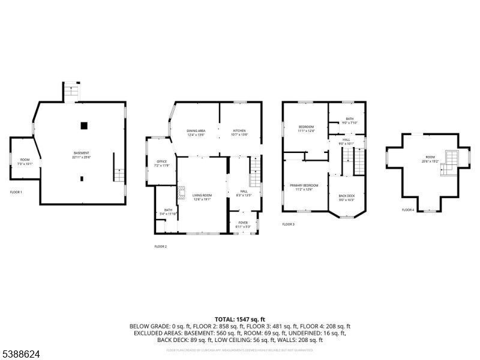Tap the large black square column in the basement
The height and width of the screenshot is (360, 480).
click(x=84, y=125)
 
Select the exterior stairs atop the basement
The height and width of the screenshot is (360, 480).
click(x=71, y=92)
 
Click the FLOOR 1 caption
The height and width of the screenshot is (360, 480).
click(x=16, y=192)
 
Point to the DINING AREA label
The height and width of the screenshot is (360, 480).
click(x=196, y=132)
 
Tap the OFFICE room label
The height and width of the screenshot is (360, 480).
click(x=161, y=163)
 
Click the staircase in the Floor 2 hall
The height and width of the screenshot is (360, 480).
click(x=254, y=172)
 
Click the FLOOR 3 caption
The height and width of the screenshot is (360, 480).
click(x=289, y=224)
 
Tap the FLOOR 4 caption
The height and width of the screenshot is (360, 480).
click(x=408, y=210)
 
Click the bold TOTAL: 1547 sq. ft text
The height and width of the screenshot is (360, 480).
click(x=240, y=319)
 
